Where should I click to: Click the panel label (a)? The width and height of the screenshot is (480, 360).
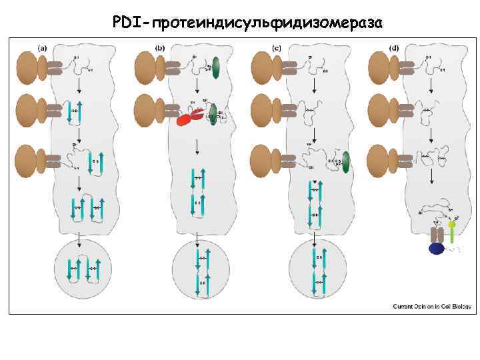[42, 48]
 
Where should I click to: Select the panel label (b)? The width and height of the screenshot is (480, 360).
[160, 48]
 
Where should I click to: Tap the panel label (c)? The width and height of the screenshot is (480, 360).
[277, 48]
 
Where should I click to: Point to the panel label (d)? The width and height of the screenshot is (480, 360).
[394, 48]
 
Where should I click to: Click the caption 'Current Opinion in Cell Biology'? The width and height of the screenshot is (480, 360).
[431, 306]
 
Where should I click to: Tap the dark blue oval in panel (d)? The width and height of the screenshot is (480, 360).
[437, 249]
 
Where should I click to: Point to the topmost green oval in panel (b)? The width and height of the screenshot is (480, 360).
[215, 69]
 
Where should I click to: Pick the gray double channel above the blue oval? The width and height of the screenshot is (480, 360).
[437, 235]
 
